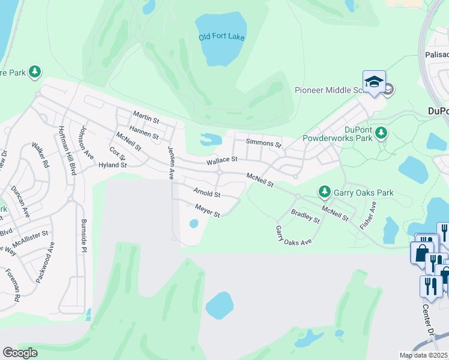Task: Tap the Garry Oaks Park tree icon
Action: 325,192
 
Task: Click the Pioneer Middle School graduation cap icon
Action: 373,82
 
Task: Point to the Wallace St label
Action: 223,160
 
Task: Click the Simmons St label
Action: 264,143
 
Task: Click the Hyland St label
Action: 113,165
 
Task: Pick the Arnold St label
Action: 207,193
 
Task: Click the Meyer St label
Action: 208,211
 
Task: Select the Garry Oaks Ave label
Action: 294,235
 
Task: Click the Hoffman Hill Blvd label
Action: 68,150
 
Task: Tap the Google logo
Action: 20,353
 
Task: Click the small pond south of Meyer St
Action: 194,224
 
